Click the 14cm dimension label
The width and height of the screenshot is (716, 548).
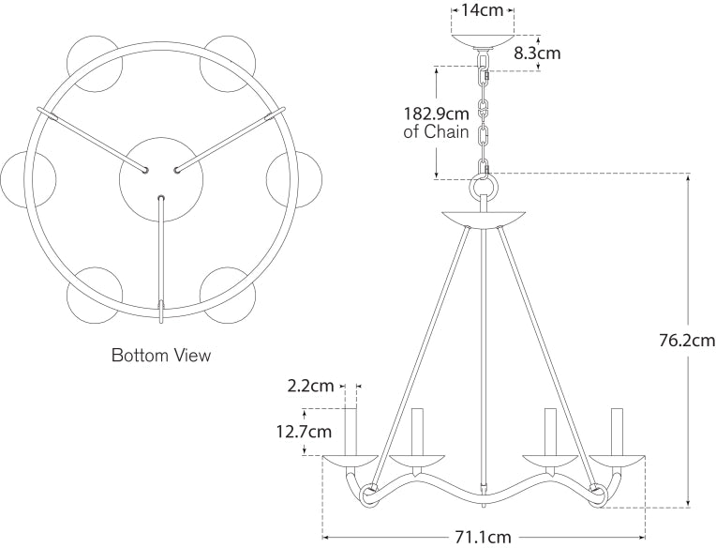483,10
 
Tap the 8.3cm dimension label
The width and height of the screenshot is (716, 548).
537,53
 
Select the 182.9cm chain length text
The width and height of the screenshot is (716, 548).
436,114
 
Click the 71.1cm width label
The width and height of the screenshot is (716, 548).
483,537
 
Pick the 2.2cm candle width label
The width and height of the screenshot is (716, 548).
310,386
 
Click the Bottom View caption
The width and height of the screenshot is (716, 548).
161,356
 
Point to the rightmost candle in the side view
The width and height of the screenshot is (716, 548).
617,431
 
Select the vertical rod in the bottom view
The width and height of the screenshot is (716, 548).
161,258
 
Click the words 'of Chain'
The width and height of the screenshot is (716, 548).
436,132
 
